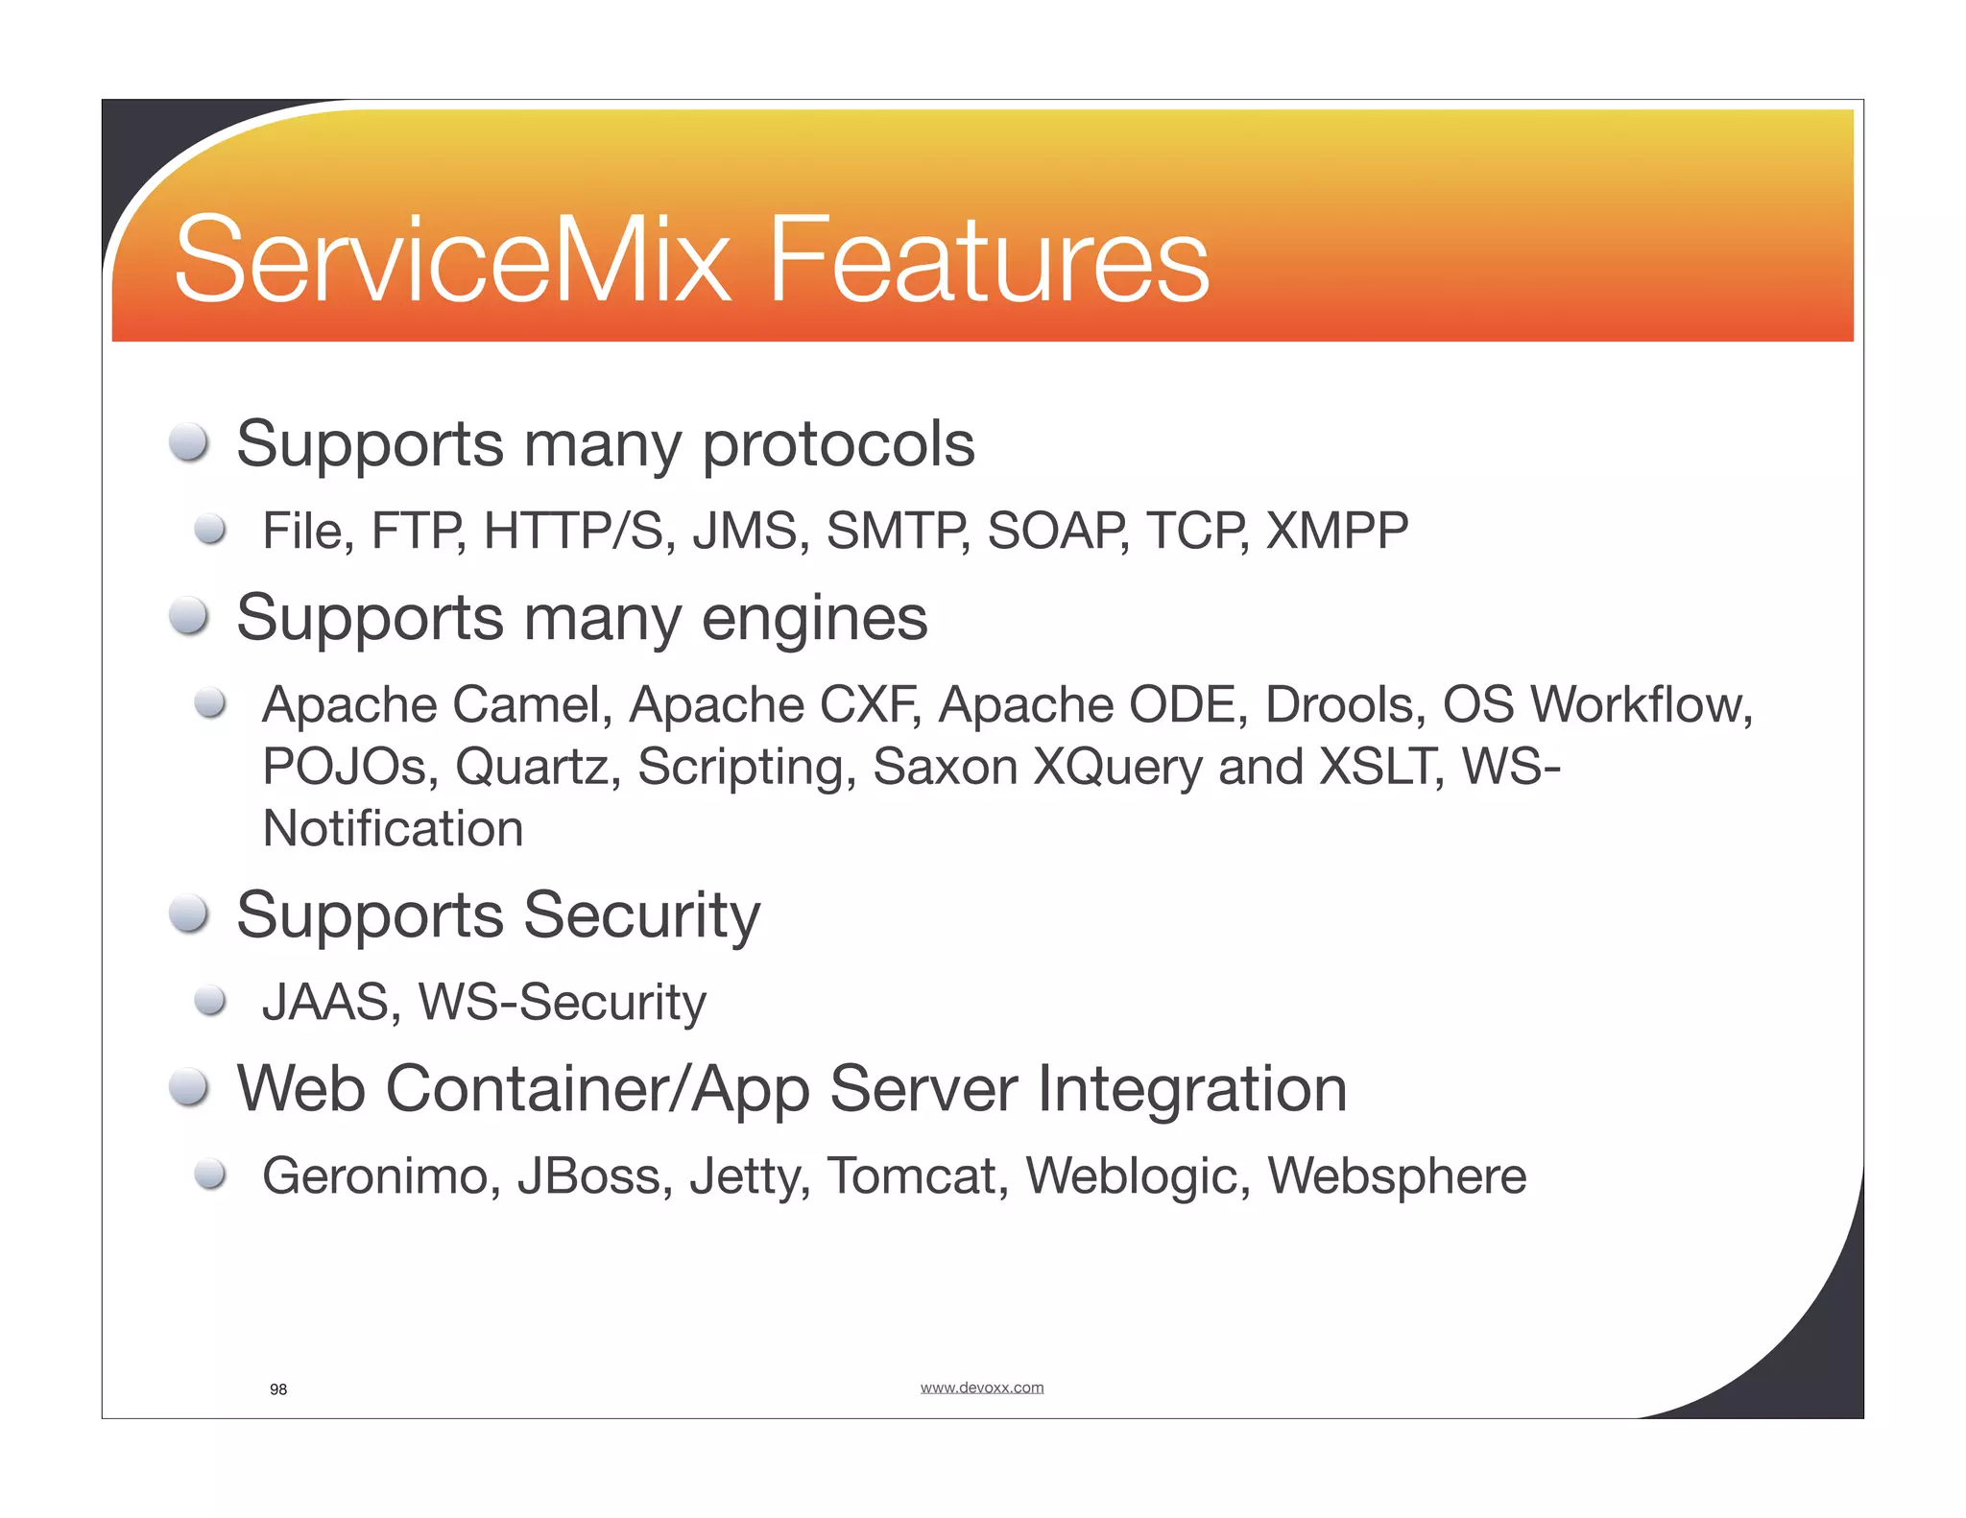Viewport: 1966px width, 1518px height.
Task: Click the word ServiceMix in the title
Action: (451, 260)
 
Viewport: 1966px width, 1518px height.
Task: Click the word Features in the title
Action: (989, 260)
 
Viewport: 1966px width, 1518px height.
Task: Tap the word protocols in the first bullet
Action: (838, 445)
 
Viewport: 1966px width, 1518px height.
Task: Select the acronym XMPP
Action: (1337, 531)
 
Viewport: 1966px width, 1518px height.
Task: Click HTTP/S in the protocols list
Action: (573, 531)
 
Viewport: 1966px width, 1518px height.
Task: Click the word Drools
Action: (1339, 705)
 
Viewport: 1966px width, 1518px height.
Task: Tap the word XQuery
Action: (1117, 767)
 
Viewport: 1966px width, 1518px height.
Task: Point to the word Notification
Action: (393, 828)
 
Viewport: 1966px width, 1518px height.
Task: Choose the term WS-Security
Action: (563, 1003)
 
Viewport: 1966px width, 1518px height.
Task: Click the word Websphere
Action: (1397, 1176)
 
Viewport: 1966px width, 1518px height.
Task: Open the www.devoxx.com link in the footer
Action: (981, 1388)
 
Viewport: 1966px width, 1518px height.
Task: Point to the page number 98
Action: (278, 1389)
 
